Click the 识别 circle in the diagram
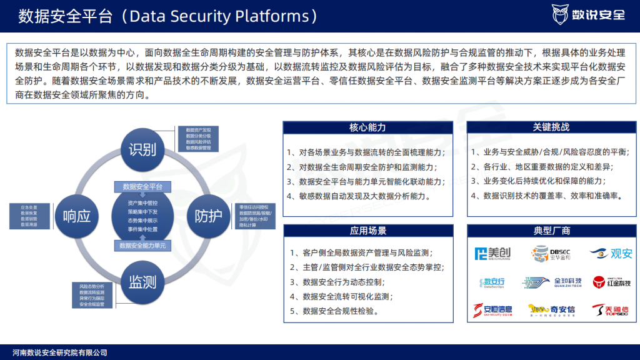pos(142,150)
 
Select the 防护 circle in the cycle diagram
pos(208,216)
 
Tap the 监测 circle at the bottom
pos(142,282)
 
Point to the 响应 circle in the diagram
pos(77,216)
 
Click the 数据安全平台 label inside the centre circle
pos(142,186)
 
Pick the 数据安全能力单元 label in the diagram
pos(142,246)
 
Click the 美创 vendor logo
pos(492,253)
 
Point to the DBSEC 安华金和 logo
pos(548,253)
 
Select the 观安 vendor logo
pos(611,254)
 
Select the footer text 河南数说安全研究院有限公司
pos(60,352)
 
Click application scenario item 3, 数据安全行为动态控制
pos(353,282)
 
